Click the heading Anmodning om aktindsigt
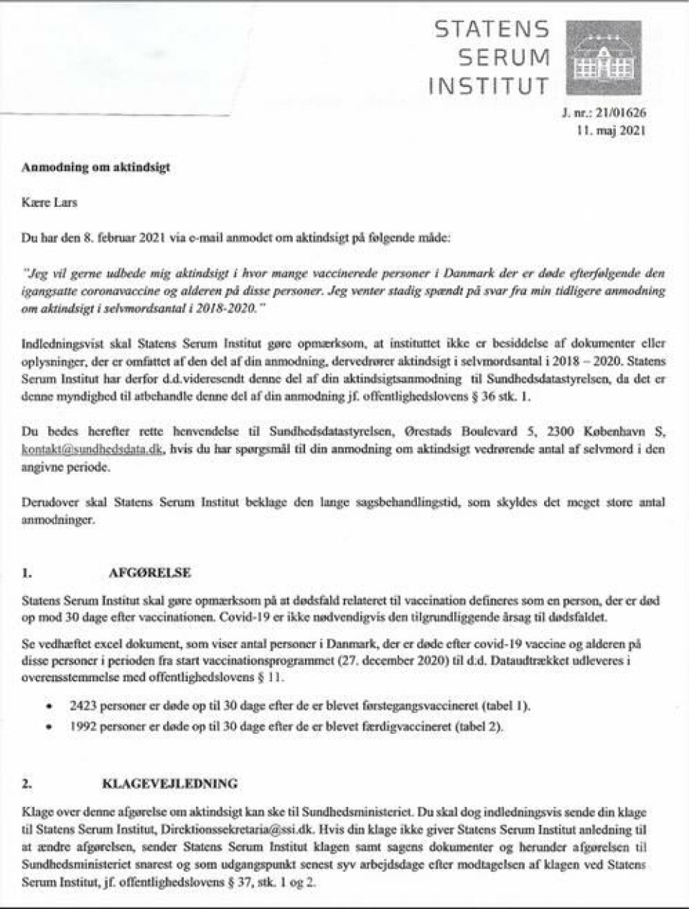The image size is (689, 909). (x=95, y=167)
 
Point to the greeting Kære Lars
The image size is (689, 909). (x=50, y=202)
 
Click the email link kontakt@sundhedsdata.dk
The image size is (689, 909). (x=93, y=449)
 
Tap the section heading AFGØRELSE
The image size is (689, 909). (x=149, y=574)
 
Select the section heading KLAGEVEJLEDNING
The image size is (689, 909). (x=169, y=783)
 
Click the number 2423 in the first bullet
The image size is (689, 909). (x=83, y=706)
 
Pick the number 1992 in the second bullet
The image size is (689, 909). (x=83, y=726)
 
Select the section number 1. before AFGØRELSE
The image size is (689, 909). (x=27, y=574)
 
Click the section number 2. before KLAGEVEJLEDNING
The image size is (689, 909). (x=27, y=783)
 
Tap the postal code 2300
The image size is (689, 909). (x=561, y=432)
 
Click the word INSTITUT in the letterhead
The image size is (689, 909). (x=489, y=86)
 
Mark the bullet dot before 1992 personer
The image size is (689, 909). (x=48, y=727)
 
